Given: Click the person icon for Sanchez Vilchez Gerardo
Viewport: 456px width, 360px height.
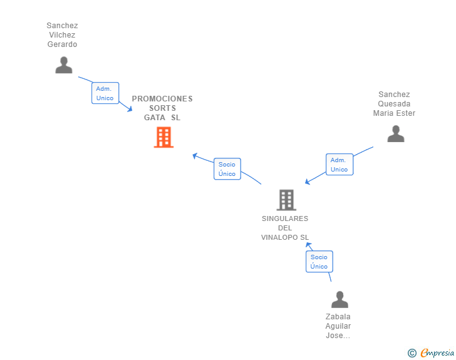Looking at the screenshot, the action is coord(64,65).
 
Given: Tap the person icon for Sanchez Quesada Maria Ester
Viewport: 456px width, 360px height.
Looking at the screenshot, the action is coord(396,134).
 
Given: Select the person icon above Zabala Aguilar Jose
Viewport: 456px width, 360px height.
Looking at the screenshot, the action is coord(339,299).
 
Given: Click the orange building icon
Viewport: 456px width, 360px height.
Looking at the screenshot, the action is coord(163,137).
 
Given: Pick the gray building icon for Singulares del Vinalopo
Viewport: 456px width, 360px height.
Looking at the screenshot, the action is coord(286,200).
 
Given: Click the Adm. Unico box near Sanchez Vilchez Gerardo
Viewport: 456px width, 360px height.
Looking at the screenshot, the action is coord(105,93).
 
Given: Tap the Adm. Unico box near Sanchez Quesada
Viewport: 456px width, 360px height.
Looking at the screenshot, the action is coord(339,164).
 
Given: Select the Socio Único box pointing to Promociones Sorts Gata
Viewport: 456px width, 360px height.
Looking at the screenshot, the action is coord(227,169).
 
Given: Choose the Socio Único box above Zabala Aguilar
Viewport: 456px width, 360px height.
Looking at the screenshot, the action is coord(319,262).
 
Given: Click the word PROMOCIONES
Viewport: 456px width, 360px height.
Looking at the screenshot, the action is coord(162,99).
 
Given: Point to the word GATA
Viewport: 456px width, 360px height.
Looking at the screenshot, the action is coord(155,118).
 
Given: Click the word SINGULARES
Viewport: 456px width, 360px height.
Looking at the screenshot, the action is coord(285,219).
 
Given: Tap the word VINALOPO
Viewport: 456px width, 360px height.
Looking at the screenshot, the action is coord(279,237).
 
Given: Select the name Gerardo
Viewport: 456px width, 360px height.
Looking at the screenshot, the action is coord(62,44).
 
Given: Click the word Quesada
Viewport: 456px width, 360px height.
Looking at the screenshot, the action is coord(394,104).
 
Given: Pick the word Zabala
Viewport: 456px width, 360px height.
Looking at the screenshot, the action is coord(338,317).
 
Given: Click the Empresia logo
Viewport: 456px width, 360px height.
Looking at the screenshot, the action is coord(437,353).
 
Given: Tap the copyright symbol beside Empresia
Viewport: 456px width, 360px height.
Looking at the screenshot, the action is coord(412,353).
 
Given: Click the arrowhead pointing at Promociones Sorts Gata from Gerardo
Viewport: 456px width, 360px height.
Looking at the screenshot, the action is coord(130,109).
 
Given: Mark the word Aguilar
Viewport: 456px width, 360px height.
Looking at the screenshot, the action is coord(338,326).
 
